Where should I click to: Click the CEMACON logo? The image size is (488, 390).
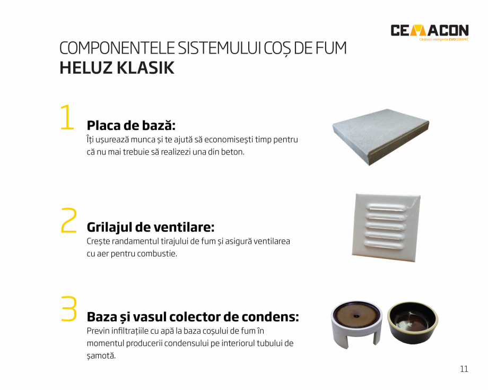429,30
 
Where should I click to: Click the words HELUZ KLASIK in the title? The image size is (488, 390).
117,68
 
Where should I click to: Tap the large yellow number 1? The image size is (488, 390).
67,117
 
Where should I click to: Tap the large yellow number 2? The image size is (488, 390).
69,220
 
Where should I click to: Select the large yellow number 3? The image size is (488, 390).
69,309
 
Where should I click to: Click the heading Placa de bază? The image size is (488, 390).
130,125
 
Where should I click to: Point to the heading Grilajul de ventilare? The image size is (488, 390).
150,227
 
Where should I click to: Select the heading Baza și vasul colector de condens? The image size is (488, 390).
193,317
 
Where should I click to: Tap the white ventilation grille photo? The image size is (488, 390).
386,227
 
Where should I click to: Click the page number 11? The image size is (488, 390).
464,369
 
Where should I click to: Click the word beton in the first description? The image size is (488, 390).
233,152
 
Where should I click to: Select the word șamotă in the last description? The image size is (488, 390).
101,356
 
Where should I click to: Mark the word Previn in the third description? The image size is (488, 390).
98,331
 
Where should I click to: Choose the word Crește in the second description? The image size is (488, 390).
99,241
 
